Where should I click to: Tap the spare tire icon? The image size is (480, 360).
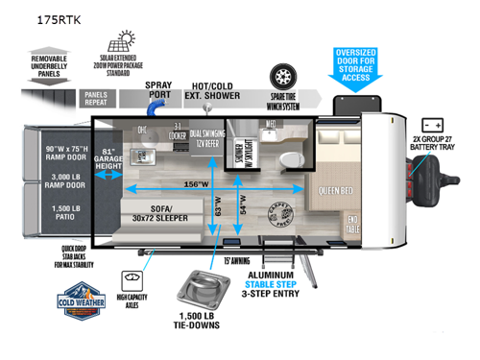pyautogui.click(x=285, y=76)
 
